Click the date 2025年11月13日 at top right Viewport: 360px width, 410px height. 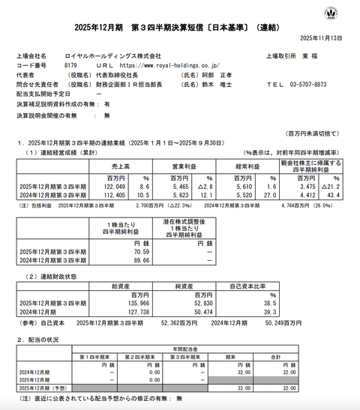[321, 37]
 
